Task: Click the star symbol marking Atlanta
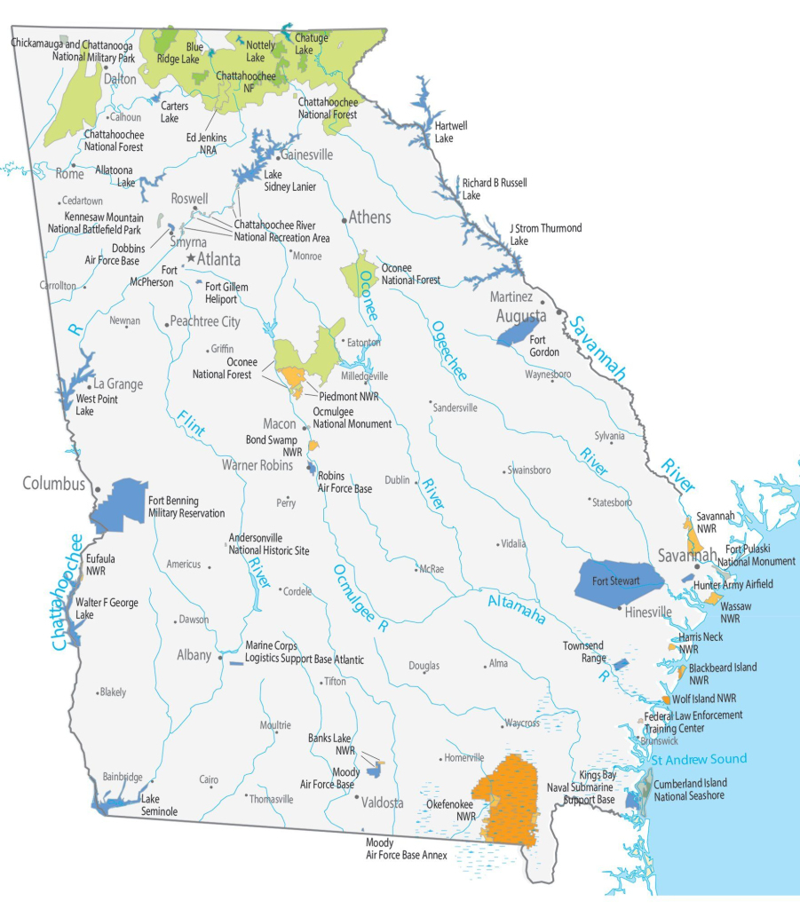(190, 258)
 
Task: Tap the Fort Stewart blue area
(620, 581)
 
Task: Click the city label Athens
(369, 217)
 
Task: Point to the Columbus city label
(53, 484)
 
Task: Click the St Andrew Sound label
(699, 759)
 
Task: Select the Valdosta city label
(380, 802)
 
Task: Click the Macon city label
(280, 424)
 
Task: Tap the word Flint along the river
(191, 424)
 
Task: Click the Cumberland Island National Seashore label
(690, 789)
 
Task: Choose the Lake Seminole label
(160, 805)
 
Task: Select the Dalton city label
(120, 79)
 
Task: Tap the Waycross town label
(522, 723)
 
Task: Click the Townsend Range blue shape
(620, 664)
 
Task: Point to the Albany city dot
(219, 658)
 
